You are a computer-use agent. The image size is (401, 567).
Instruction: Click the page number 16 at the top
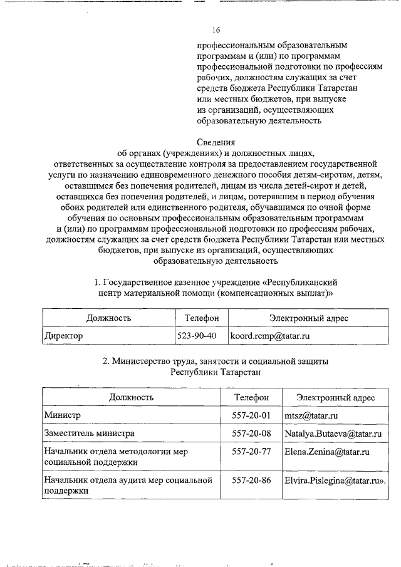216,30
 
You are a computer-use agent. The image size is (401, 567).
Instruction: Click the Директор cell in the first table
63,336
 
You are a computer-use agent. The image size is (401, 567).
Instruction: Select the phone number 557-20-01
251,415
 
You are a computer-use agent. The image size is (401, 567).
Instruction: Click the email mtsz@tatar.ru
311,415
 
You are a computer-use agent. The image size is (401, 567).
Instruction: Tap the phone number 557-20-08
251,433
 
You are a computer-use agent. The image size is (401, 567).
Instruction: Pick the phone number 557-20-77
251,451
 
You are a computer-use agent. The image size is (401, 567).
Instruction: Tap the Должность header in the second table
132,397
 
